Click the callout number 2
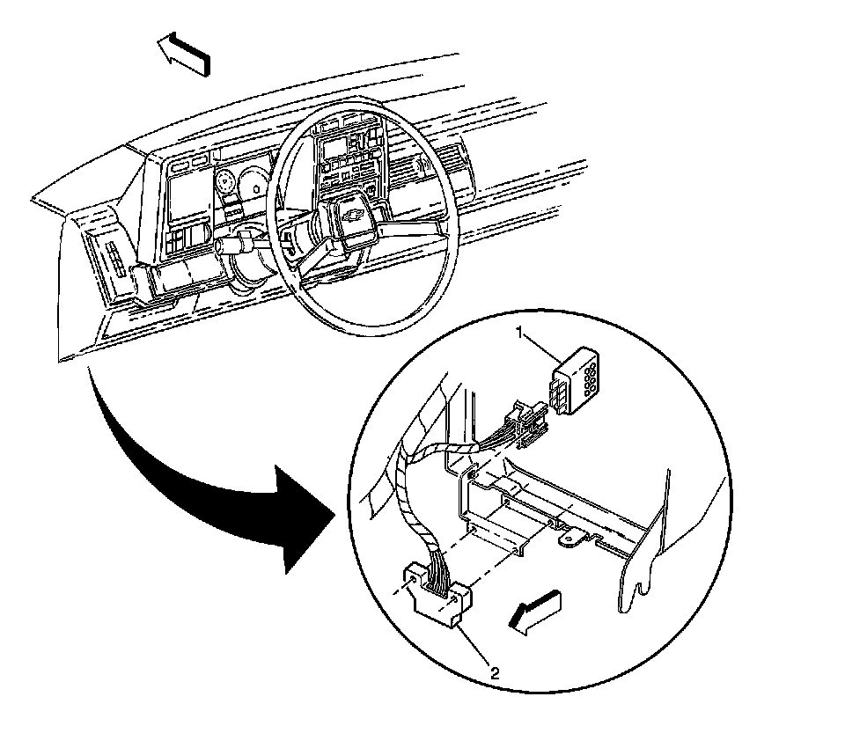tap(496, 674)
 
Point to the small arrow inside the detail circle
tap(535, 611)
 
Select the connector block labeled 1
tap(576, 379)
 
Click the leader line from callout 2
tap(476, 647)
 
